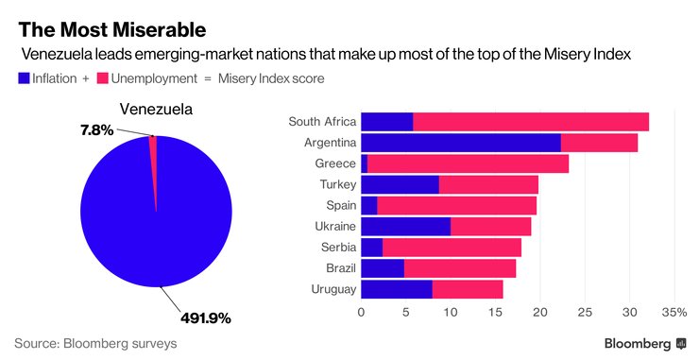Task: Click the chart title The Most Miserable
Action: click(111, 29)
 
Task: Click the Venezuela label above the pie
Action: click(155, 111)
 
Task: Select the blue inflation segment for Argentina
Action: click(460, 143)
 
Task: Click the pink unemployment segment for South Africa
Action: click(531, 121)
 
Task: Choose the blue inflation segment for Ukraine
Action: click(405, 227)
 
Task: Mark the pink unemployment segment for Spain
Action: click(456, 206)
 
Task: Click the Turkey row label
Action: click(335, 184)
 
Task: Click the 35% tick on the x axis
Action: click(673, 311)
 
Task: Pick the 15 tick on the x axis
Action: click(495, 311)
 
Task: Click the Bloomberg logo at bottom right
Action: click(645, 342)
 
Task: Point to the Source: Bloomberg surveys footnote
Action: click(95, 342)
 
